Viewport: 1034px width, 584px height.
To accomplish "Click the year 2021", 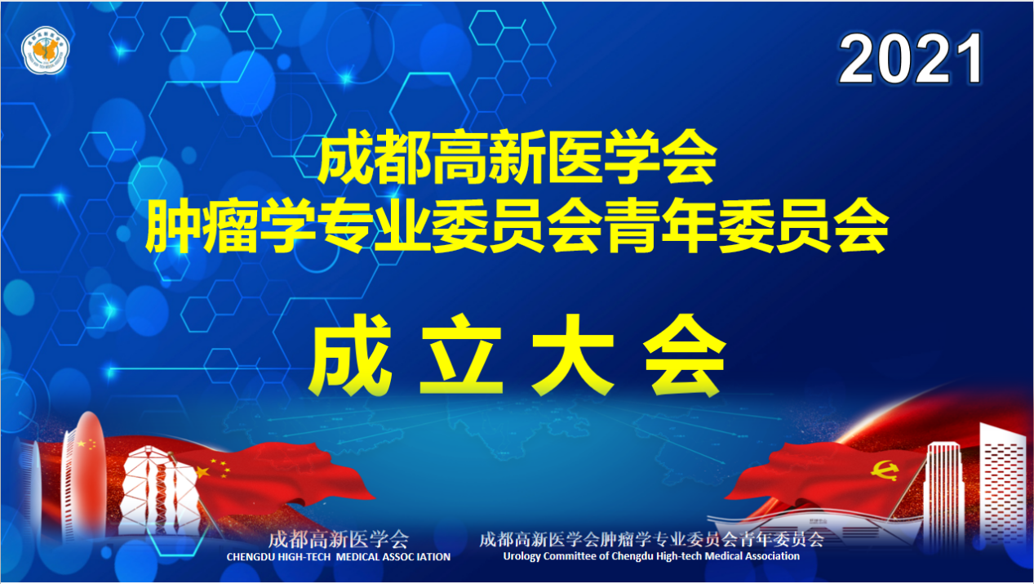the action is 910,59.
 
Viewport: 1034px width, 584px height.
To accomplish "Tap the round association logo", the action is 45,51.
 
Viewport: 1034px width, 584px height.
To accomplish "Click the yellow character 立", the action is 461,354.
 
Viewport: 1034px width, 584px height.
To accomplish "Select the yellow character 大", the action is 573,354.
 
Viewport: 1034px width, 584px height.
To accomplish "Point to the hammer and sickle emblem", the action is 885,470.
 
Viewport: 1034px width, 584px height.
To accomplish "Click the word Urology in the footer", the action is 521,557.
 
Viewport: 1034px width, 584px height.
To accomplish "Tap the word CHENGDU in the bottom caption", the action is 251,557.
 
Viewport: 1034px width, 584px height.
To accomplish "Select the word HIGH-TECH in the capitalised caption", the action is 304,557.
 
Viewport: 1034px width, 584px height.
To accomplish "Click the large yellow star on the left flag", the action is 202,472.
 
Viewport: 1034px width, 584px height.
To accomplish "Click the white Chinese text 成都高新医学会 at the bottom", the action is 339,539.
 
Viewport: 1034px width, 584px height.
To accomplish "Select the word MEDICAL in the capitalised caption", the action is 357,557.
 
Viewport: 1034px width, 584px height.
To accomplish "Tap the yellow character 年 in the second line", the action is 691,225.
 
